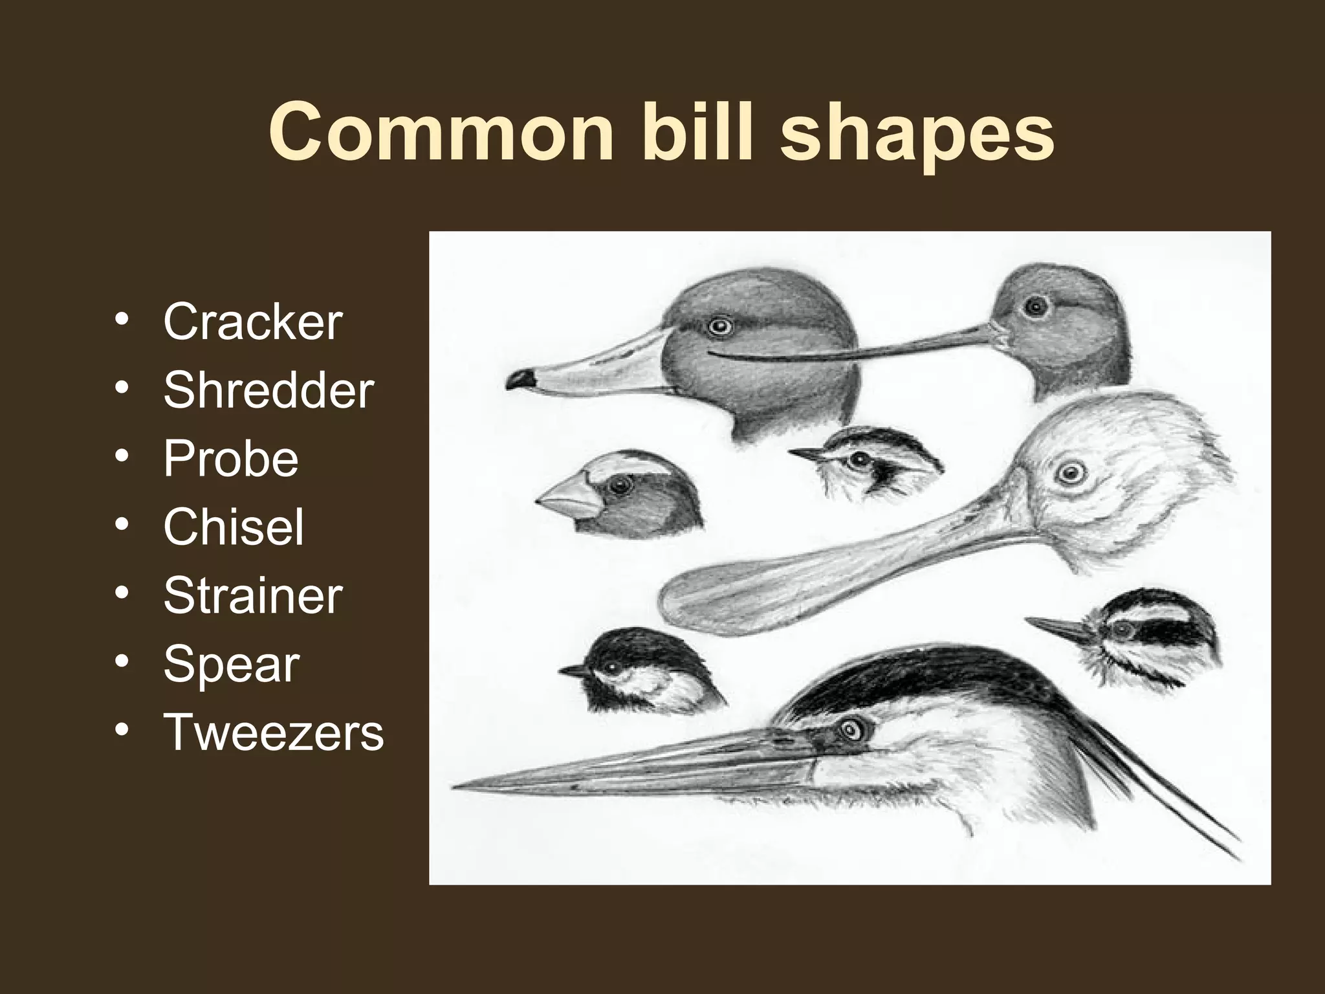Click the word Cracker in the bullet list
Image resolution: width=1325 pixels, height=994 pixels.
[252, 322]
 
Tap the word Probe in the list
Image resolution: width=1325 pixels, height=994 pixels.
[231, 459]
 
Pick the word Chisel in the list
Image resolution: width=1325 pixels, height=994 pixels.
[234, 527]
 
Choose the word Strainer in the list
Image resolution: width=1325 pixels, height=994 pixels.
[252, 595]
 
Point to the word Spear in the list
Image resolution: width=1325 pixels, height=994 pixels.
[231, 664]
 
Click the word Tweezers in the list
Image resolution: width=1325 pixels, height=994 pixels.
[274, 733]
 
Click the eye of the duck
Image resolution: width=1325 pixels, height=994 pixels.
[718, 326]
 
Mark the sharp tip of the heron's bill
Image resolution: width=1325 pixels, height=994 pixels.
[457, 787]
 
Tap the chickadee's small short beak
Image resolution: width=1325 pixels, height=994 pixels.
[572, 670]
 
